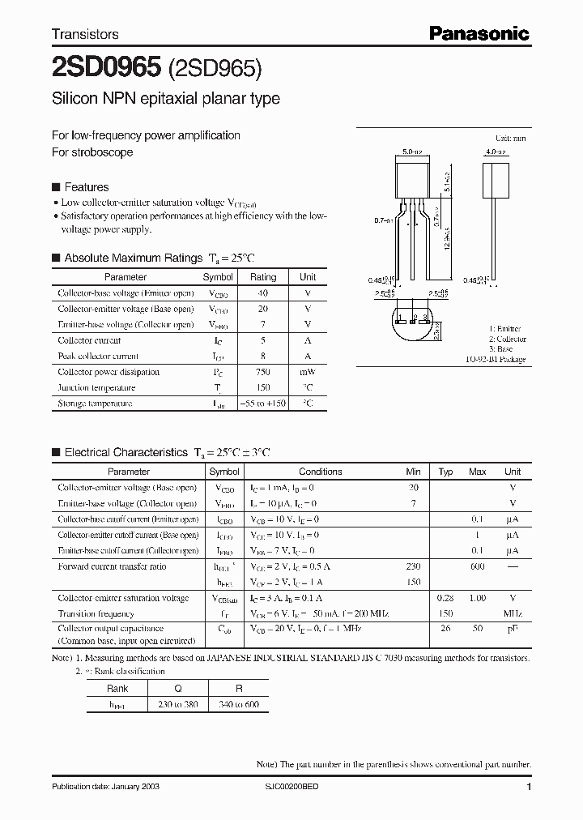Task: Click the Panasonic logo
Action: tap(479, 33)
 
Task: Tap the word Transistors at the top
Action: tap(85, 34)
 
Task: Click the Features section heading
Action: tap(86, 186)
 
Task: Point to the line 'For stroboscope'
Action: tap(92, 152)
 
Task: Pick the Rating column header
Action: tap(262, 277)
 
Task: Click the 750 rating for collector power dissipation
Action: tap(262, 373)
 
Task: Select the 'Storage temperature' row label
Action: tap(95, 404)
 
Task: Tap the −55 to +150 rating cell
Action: tap(262, 404)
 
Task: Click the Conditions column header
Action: tap(320, 472)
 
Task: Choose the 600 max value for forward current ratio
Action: tap(477, 567)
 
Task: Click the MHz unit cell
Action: tap(512, 614)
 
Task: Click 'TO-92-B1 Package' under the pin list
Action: tap(495, 359)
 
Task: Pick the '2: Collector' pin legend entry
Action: tap(507, 339)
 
